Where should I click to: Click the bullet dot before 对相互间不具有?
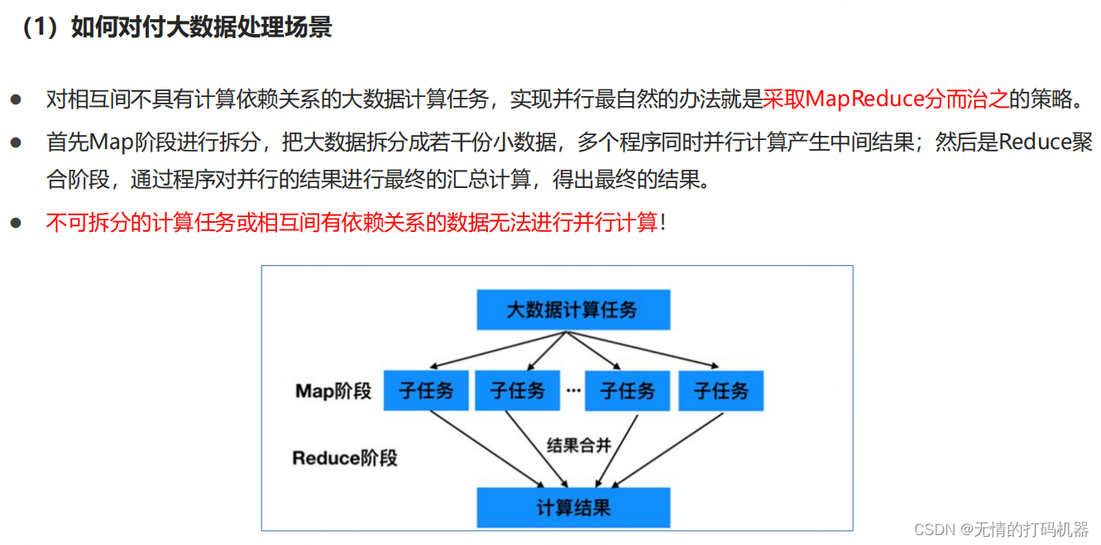click(x=16, y=99)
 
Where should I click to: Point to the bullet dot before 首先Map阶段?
click(x=16, y=142)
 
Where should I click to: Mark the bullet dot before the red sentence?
click(x=16, y=222)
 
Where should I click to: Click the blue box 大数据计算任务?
click(x=572, y=310)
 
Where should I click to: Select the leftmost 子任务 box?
click(x=426, y=390)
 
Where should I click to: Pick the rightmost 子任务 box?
click(x=720, y=390)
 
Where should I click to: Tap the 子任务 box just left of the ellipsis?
click(x=518, y=390)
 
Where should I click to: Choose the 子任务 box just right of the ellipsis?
click(x=627, y=390)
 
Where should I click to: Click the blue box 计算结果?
click(x=573, y=507)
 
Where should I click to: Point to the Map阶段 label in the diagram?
click(x=333, y=391)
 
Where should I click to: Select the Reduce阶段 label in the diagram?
click(x=344, y=457)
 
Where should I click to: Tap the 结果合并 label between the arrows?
click(x=579, y=446)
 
